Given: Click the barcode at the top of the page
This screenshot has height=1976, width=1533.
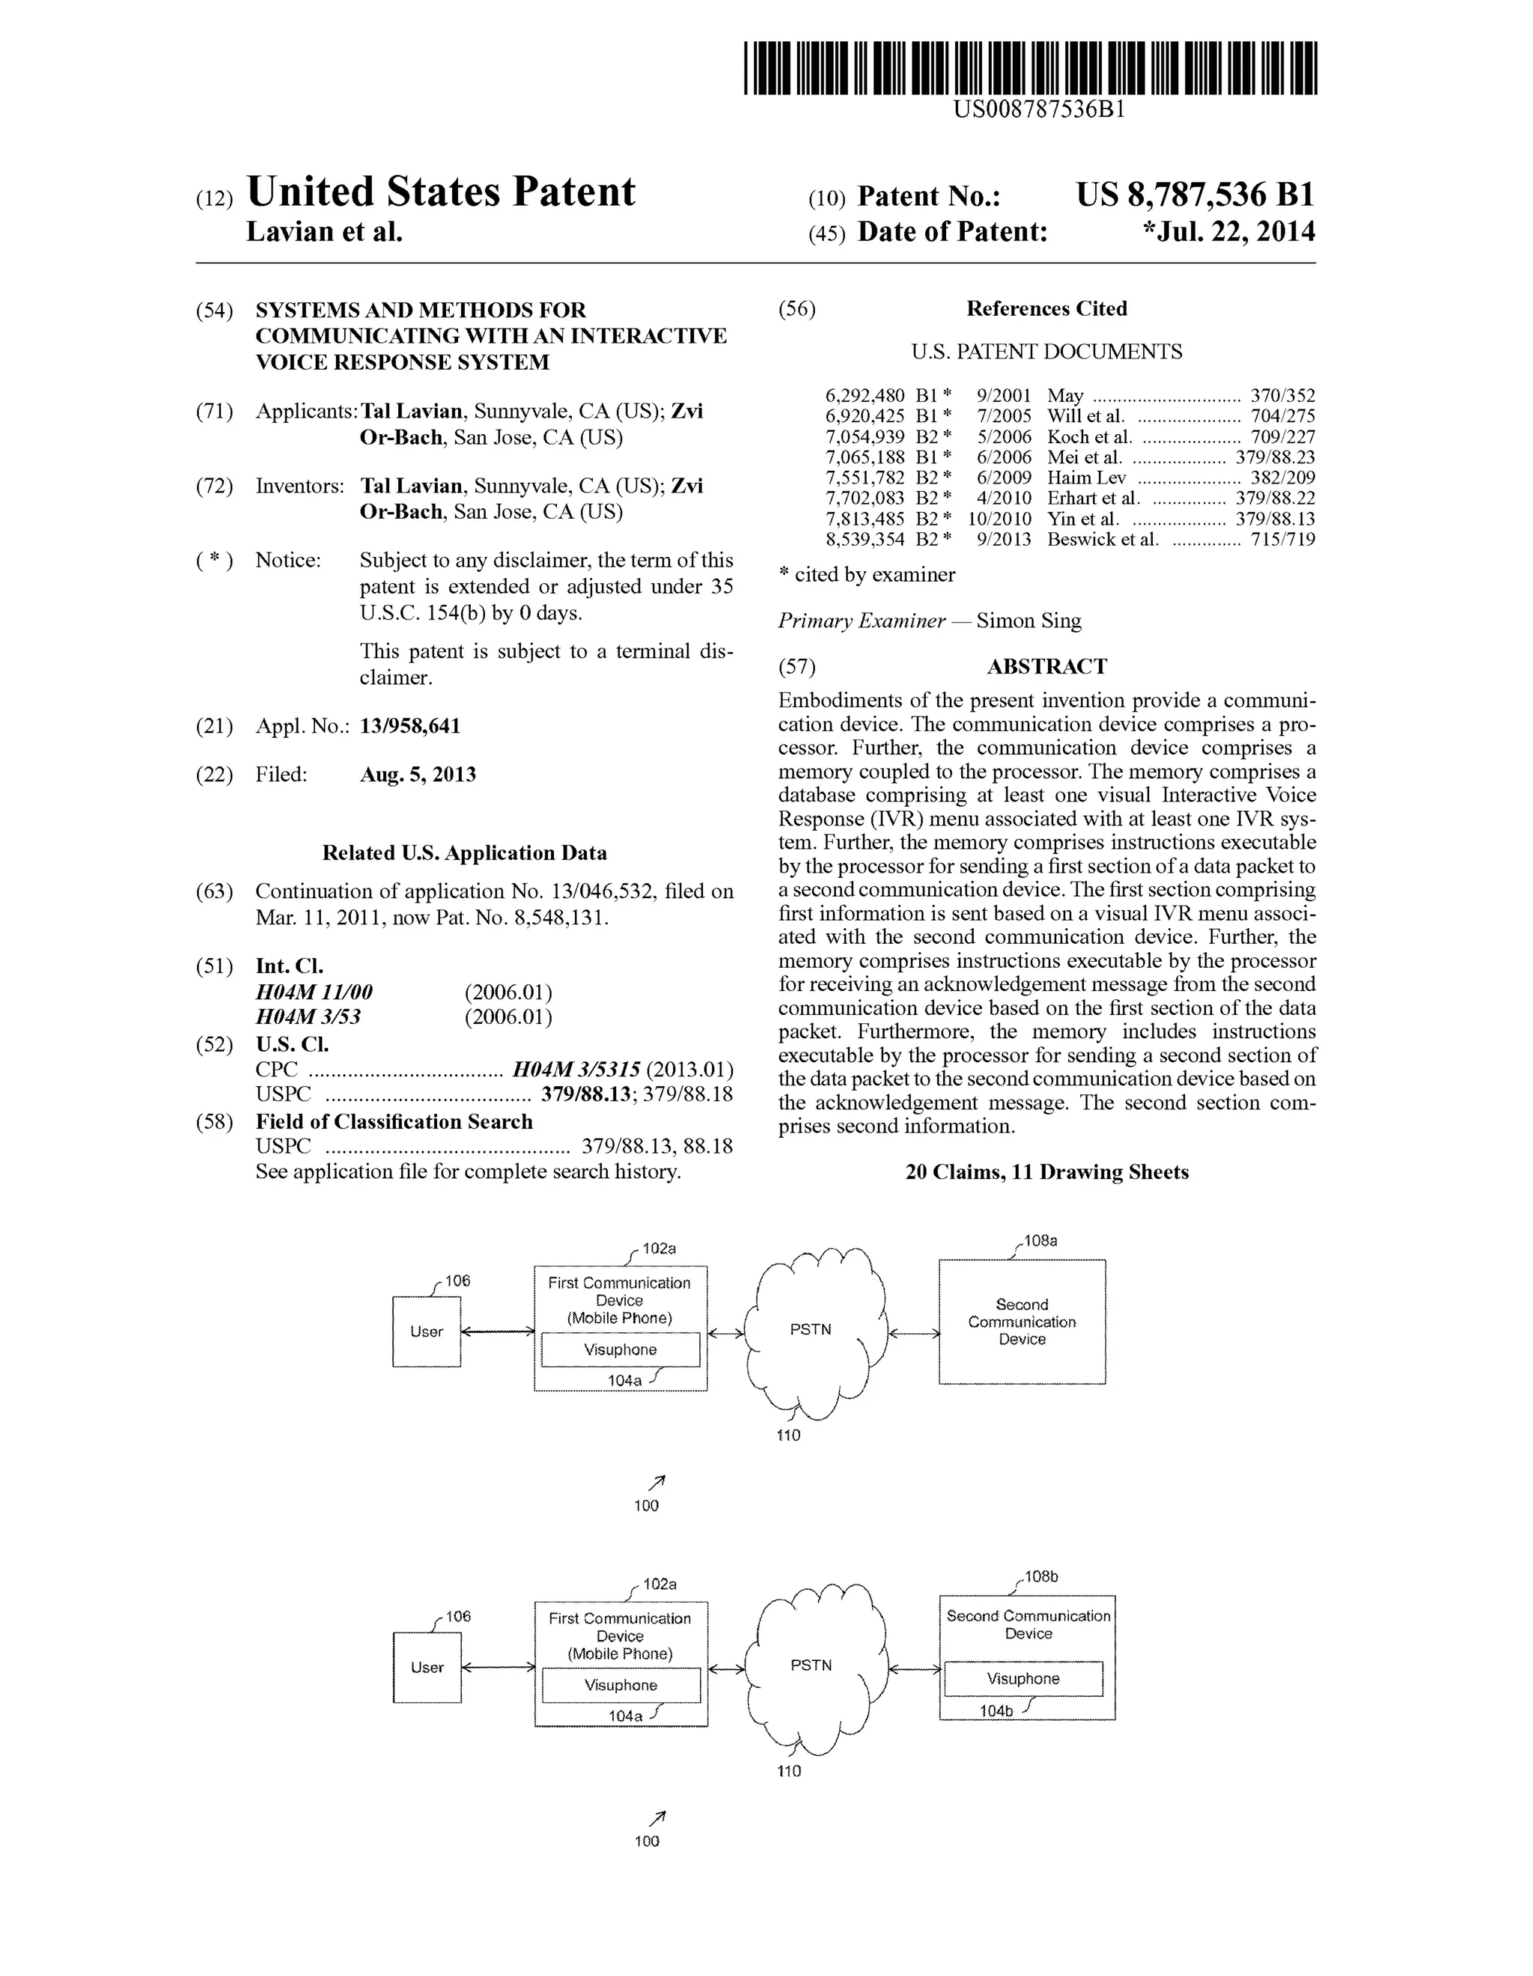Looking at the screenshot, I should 1030,68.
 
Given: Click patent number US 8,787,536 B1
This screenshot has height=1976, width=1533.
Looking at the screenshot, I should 1195,195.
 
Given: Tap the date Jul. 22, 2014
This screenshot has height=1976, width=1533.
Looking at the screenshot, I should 1229,233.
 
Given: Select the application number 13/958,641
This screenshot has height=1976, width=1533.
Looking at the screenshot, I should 410,725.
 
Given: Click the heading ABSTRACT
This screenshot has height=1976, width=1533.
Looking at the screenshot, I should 1046,667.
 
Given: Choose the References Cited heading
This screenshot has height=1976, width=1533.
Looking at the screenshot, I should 1046,308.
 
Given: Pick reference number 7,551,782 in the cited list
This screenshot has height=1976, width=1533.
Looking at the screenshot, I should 865,478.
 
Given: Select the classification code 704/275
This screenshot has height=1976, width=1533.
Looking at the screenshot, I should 1282,416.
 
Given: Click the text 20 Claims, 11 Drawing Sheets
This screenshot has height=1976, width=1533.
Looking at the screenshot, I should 1046,1173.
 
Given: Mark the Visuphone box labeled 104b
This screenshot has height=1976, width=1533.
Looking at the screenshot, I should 1023,1678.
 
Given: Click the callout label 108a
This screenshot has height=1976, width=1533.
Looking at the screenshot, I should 1040,1240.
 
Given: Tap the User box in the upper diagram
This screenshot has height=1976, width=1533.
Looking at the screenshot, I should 426,1332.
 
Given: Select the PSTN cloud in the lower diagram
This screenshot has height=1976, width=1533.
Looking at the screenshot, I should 811,1665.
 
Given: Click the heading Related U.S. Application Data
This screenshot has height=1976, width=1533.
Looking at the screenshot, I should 464,853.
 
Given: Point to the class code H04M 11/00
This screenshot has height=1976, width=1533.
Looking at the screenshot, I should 314,992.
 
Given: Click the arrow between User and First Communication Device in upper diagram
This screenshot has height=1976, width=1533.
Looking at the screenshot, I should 498,1331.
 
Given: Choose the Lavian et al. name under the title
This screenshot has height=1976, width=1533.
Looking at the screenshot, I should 324,233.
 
